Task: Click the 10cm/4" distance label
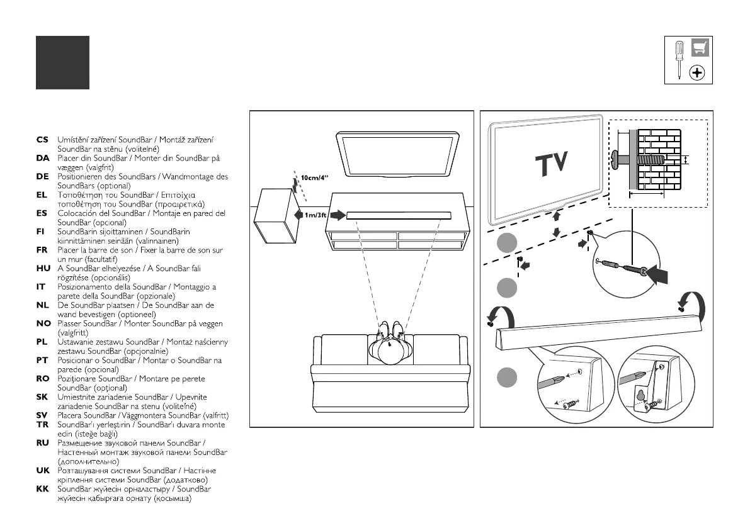(x=315, y=177)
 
